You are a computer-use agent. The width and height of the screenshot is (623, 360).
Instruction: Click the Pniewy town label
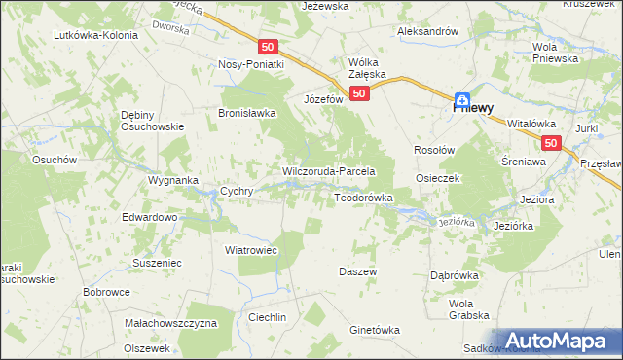coord(476,109)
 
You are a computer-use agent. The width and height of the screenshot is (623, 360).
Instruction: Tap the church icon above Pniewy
coord(464,98)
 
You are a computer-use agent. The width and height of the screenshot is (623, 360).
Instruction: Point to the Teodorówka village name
coord(363,198)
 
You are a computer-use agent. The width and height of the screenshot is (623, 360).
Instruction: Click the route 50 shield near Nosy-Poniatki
coord(269,46)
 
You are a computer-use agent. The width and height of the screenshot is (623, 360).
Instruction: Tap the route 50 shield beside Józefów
coord(359,93)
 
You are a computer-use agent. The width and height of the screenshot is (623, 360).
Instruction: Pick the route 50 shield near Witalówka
coord(552,143)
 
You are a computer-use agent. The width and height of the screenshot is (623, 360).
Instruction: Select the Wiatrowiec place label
coord(252,250)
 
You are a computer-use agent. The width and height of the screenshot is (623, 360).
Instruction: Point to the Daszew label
coord(357,271)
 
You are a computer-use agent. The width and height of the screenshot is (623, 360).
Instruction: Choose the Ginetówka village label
coord(375,330)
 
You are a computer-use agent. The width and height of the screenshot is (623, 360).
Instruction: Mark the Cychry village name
coord(238,192)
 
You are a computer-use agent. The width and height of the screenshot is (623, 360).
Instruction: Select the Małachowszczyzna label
coord(170,322)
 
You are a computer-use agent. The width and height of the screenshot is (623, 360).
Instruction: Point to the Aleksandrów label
coord(427,31)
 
